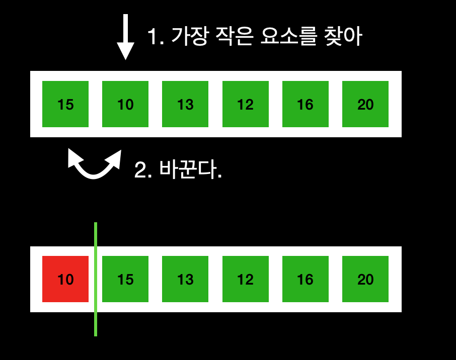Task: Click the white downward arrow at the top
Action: click(x=125, y=38)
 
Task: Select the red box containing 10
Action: click(x=65, y=279)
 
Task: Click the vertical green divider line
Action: click(x=96, y=279)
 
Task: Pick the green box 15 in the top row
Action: click(x=65, y=104)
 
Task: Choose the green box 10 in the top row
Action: click(x=125, y=104)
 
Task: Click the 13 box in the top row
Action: click(x=185, y=104)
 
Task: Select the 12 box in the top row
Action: click(x=245, y=104)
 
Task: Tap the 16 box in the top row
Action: click(x=305, y=104)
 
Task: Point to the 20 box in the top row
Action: click(x=365, y=104)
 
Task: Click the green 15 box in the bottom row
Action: click(x=125, y=279)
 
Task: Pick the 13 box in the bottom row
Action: click(x=185, y=279)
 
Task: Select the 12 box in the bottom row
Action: click(x=245, y=279)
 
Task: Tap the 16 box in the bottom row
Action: click(x=305, y=279)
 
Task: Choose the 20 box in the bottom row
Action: click(x=365, y=279)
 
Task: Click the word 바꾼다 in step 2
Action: click(x=188, y=170)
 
